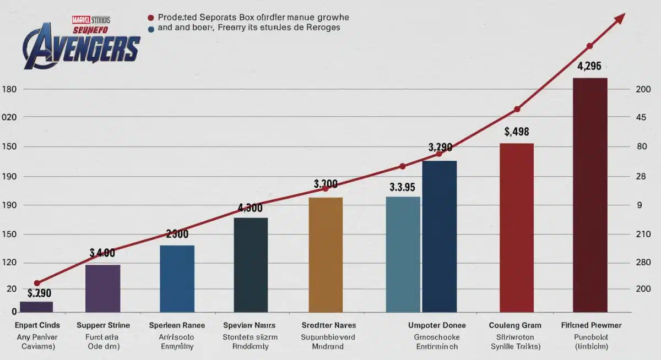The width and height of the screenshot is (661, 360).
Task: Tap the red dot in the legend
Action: click(151, 18)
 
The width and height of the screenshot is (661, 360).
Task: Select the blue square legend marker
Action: click(151, 27)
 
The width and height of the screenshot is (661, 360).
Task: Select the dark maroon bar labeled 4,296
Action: click(590, 195)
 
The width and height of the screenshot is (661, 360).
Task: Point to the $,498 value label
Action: click(516, 132)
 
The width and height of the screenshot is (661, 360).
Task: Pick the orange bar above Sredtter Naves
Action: click(326, 255)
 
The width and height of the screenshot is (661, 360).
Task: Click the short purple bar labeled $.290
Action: click(36, 307)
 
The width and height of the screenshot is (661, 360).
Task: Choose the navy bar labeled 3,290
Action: click(439, 237)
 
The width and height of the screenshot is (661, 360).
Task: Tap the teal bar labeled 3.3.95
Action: click(403, 255)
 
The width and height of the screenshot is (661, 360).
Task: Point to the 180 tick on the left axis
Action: click(10, 89)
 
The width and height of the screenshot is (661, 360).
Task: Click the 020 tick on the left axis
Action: click(10, 118)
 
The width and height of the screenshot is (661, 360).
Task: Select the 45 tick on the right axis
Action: click(641, 118)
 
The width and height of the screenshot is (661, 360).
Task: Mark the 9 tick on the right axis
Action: click(640, 205)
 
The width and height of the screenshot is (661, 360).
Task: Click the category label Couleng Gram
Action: click(516, 325)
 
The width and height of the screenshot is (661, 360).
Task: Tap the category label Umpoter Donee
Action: click(436, 325)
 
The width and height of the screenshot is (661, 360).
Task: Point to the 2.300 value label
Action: click(177, 234)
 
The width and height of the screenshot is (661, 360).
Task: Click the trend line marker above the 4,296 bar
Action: click(589, 46)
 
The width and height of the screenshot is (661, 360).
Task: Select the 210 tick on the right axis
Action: click(643, 234)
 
